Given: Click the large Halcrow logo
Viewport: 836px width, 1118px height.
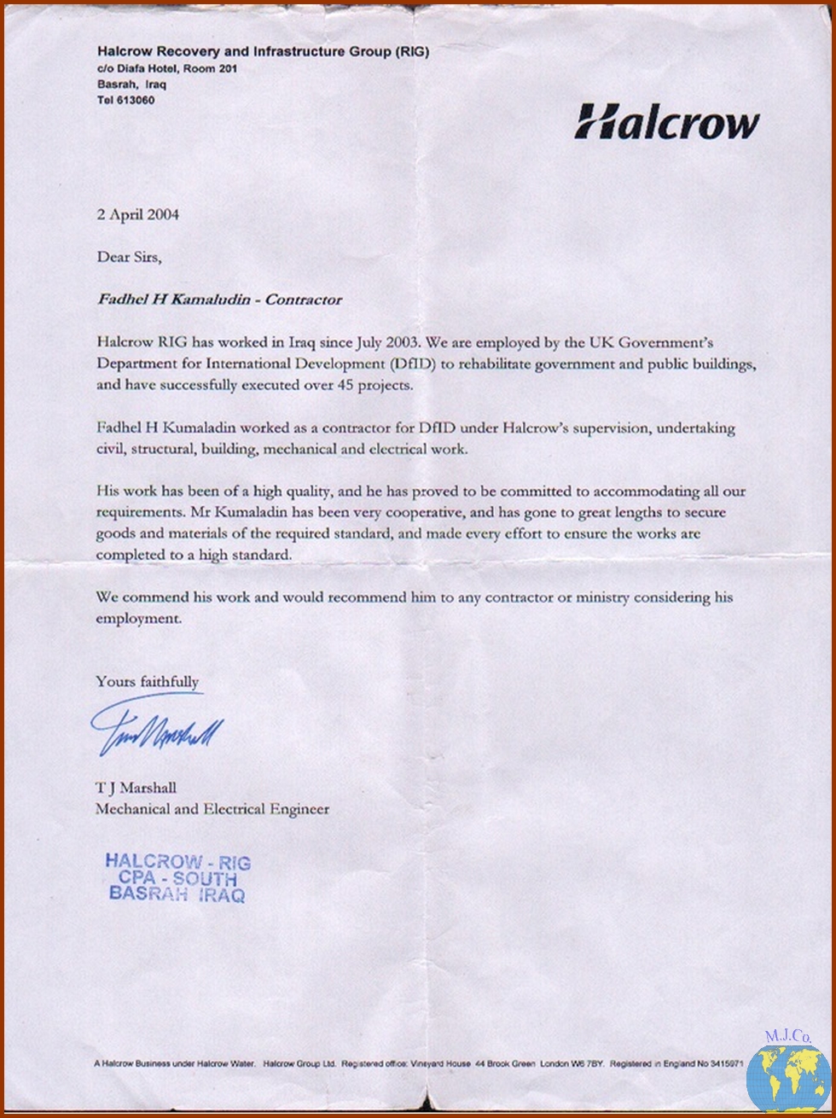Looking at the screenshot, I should click(x=666, y=121).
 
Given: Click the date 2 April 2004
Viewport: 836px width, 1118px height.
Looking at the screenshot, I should click(x=138, y=214).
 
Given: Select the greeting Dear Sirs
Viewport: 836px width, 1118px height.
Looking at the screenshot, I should click(x=128, y=256).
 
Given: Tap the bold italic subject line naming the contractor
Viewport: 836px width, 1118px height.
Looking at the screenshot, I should click(x=219, y=300).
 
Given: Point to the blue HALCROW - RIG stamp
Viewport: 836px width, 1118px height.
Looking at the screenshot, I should click(x=177, y=878).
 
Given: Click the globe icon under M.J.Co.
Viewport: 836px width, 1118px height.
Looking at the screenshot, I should click(x=787, y=1078).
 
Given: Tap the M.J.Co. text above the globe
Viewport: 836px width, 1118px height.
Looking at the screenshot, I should click(x=787, y=1037).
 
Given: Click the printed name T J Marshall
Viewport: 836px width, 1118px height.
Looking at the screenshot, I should click(x=136, y=787).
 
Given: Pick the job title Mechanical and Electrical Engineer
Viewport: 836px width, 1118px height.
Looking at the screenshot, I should click(x=212, y=808).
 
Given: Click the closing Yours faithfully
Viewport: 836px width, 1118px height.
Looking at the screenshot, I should click(x=148, y=681).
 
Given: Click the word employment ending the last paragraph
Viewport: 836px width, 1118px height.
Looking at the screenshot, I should click(x=138, y=619).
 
